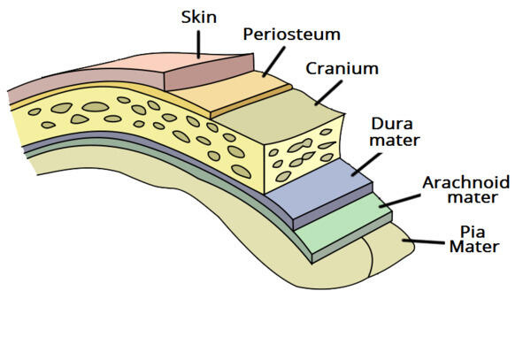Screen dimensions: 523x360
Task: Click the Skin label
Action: click(199, 17)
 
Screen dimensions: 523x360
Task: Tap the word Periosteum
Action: click(292, 34)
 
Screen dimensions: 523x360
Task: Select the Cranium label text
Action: click(342, 69)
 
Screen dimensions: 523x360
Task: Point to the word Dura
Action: click(392, 124)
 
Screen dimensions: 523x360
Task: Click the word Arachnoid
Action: click(466, 182)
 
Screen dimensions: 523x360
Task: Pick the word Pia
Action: click(473, 232)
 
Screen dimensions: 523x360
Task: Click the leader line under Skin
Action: click(199, 44)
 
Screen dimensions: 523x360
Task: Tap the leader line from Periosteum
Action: click(273, 62)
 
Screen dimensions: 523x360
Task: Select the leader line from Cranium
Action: click(328, 93)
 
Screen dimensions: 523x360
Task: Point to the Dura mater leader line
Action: click(366, 165)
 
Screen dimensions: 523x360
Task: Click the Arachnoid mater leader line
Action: click(400, 200)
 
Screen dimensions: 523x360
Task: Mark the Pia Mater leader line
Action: click(424, 241)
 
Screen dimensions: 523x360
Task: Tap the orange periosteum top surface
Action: click(230, 91)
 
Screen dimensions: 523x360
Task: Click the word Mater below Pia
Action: click(474, 247)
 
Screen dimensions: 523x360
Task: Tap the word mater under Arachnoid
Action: click(473, 197)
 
